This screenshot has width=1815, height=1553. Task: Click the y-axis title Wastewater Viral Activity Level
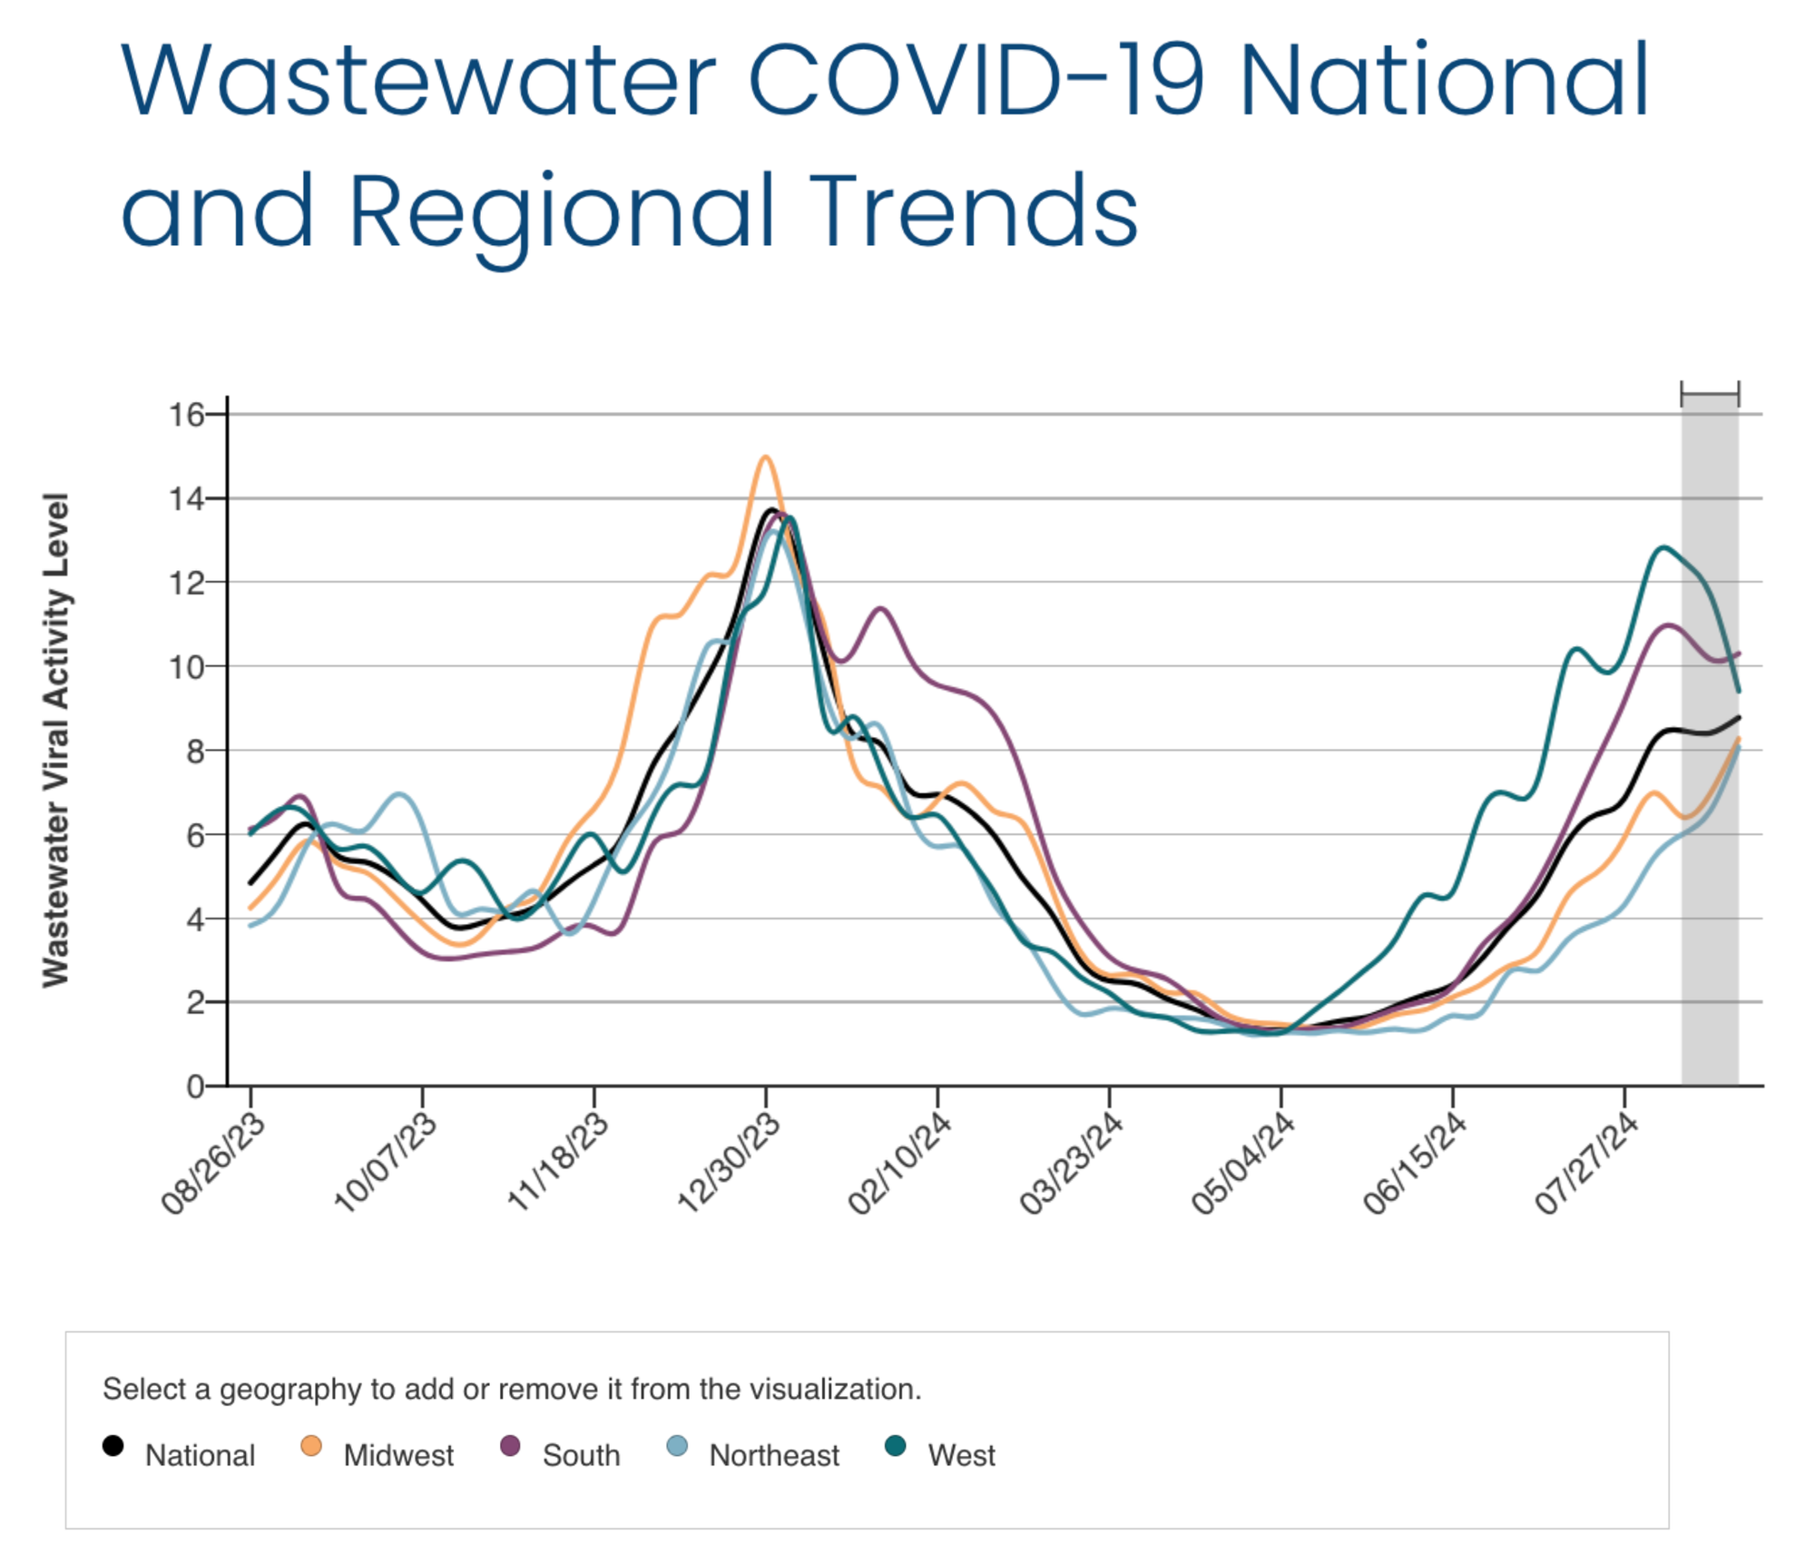click(x=56, y=739)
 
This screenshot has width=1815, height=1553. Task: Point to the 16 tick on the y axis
click(x=187, y=415)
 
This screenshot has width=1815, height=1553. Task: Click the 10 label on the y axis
click(x=187, y=667)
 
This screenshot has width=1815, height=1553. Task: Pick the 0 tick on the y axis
click(x=195, y=1086)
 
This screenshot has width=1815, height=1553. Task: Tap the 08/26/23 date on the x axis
click(x=214, y=1163)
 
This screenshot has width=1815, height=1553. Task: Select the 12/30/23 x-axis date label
click(x=730, y=1163)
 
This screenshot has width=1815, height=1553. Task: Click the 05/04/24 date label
click(x=1244, y=1163)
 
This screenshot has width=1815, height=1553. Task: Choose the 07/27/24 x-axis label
click(x=1587, y=1163)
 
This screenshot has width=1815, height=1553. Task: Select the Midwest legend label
click(x=398, y=1456)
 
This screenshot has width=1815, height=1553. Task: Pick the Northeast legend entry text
click(x=774, y=1456)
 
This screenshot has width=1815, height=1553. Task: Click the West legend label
click(x=961, y=1456)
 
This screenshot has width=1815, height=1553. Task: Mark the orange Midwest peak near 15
click(x=766, y=457)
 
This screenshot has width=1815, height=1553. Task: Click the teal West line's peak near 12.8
click(x=1663, y=547)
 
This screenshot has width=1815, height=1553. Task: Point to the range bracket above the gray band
click(x=1710, y=395)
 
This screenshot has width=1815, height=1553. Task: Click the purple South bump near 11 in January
click(x=880, y=608)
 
